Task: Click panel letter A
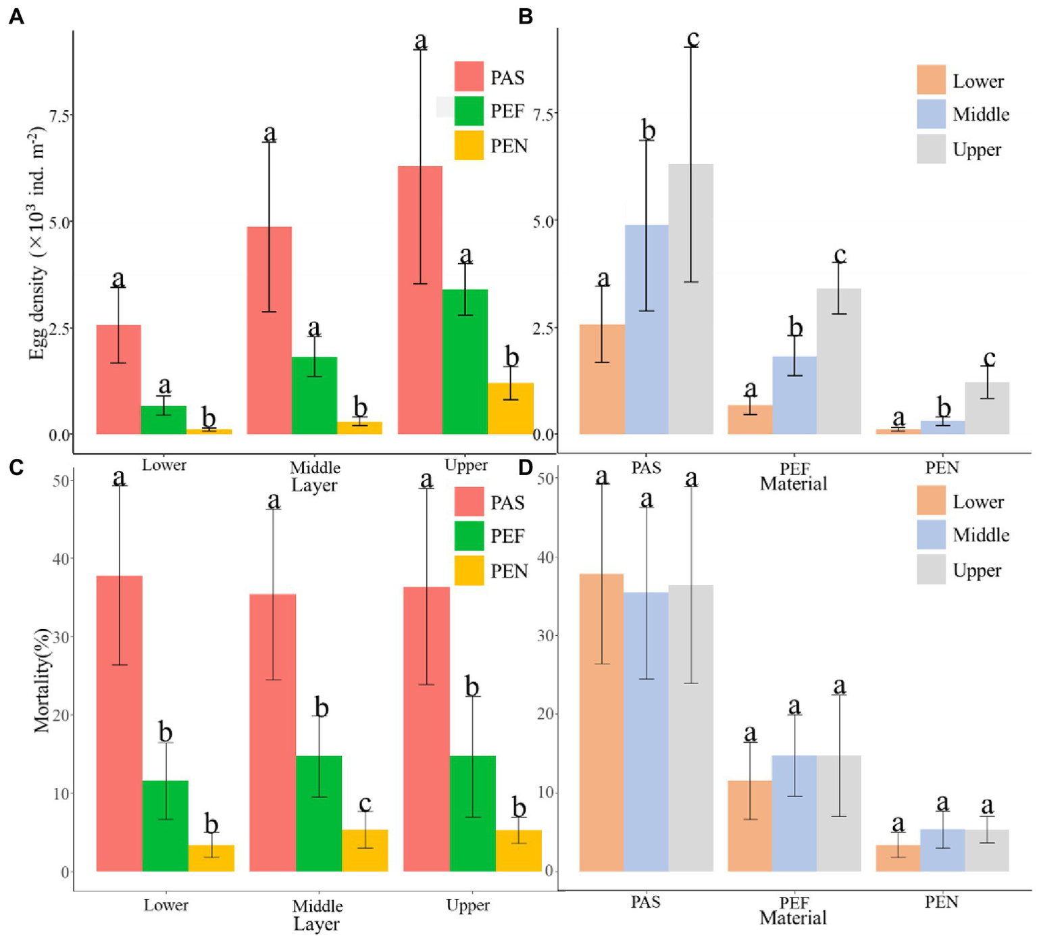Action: click(x=16, y=16)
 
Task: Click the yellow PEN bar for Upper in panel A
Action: click(x=511, y=409)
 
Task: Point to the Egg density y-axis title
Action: click(x=37, y=243)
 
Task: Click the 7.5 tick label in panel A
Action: click(x=59, y=116)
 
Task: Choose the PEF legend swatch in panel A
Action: click(x=469, y=111)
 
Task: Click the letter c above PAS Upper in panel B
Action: click(x=692, y=39)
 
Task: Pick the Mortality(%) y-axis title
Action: click(x=42, y=681)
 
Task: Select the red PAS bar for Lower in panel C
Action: click(x=120, y=723)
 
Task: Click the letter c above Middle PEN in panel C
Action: click(x=365, y=804)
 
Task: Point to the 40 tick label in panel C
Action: click(x=61, y=559)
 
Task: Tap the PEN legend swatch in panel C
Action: click(x=469, y=570)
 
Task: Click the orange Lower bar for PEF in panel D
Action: click(x=749, y=826)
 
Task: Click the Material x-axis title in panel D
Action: click(x=793, y=918)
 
